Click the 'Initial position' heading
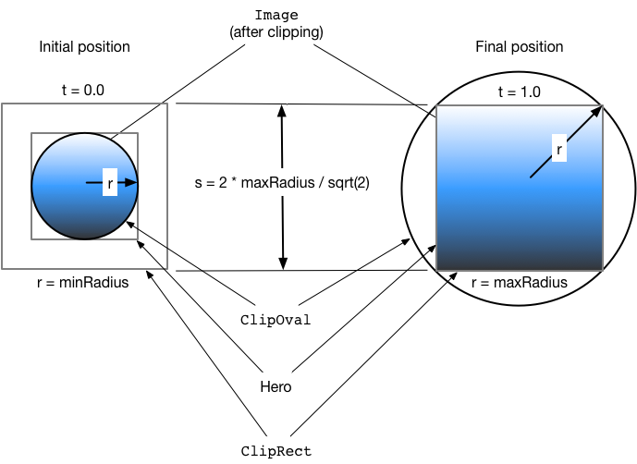tap(84, 46)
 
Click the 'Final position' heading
tap(519, 46)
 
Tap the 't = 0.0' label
tap(83, 91)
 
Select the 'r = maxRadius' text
tap(519, 283)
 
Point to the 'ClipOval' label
tap(276, 320)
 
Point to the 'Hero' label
tap(276, 386)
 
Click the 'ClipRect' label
tap(276, 451)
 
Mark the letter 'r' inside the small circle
tap(110, 184)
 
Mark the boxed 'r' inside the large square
tap(558, 146)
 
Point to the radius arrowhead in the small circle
tap(132, 183)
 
